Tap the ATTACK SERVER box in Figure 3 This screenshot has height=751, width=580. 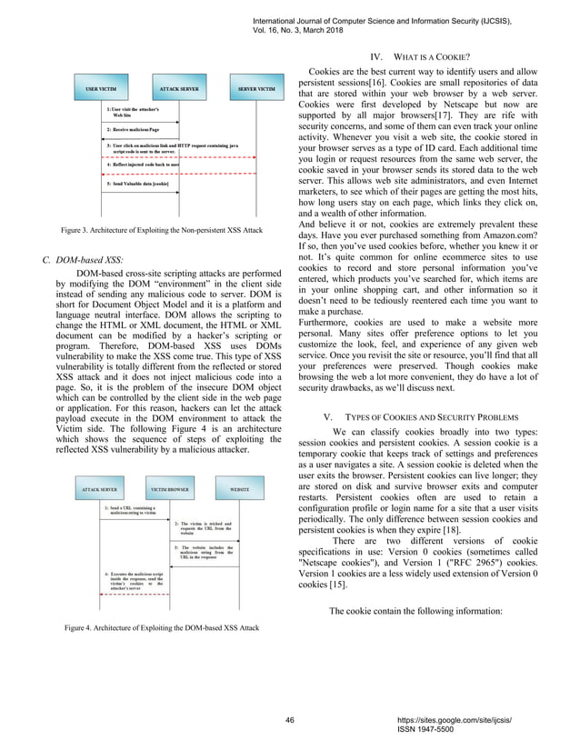pos(181,90)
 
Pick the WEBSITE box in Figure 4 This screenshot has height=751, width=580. pos(239,488)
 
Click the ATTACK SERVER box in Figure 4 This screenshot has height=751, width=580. pos(99,488)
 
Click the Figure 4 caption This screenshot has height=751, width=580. pos(161,628)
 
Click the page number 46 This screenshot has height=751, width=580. pos(290,719)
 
